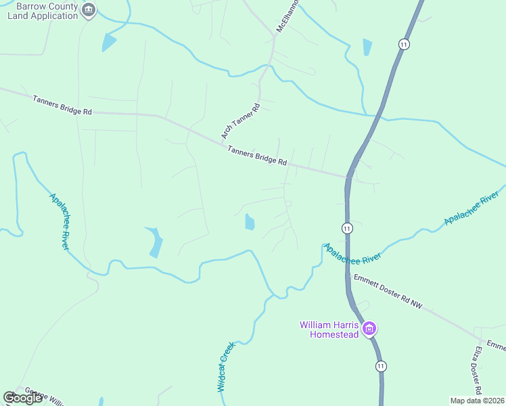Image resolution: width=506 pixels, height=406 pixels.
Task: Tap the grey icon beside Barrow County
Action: (x=89, y=10)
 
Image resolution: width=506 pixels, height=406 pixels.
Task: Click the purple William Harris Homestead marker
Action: (x=369, y=330)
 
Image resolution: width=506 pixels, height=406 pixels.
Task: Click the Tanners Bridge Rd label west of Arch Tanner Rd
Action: (x=62, y=105)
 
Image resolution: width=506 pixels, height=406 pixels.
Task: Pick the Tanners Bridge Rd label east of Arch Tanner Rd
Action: (x=257, y=157)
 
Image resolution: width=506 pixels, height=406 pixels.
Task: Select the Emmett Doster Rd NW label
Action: (x=388, y=292)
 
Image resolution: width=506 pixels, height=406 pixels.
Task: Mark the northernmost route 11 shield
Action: (x=404, y=44)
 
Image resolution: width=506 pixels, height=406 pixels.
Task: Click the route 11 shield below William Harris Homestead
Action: (x=382, y=366)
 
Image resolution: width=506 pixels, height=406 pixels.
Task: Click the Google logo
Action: (x=22, y=398)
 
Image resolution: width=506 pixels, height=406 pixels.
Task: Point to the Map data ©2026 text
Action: (x=477, y=400)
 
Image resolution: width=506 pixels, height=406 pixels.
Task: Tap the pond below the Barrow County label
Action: (x=108, y=42)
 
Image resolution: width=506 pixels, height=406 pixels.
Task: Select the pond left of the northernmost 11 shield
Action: (x=367, y=47)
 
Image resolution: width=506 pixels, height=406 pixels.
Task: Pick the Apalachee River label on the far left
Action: (x=60, y=221)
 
